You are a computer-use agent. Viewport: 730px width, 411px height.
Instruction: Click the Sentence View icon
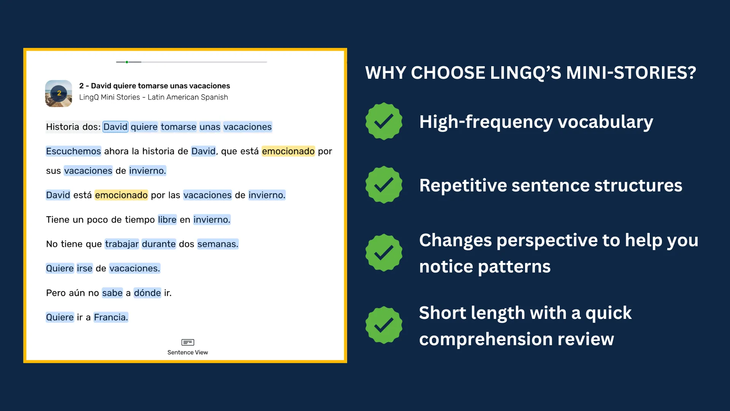coord(188,342)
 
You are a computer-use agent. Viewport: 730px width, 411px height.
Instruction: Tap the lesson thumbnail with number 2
coord(59,93)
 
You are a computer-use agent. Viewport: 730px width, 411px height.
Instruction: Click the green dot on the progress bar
coord(127,62)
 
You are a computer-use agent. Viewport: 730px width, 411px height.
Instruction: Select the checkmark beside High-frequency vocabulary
coord(384,121)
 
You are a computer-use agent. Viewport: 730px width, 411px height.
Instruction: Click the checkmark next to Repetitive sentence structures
coord(384,185)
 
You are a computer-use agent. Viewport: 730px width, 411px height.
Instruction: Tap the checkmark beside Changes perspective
coord(384,253)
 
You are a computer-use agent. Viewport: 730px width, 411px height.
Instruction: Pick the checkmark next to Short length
coord(384,325)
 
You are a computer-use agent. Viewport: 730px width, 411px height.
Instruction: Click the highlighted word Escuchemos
coord(73,151)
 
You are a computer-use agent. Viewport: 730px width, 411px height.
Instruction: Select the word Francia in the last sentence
coord(111,317)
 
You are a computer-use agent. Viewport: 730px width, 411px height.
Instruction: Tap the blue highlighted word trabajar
coord(122,244)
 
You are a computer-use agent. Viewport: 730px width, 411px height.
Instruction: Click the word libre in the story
coord(167,220)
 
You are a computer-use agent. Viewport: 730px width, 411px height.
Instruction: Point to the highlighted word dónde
coord(148,293)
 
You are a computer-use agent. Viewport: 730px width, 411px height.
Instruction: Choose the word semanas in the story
coord(217,244)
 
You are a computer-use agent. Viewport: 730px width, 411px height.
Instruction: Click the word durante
coord(159,244)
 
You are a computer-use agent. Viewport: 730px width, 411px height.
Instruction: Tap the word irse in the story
coord(84,268)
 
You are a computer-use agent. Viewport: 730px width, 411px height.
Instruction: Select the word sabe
coord(112,293)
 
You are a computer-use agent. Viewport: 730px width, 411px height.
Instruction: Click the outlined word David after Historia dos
coord(115,127)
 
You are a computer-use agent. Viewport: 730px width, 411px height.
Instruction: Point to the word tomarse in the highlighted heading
coord(178,127)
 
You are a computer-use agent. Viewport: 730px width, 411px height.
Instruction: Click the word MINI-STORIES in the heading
coord(631,73)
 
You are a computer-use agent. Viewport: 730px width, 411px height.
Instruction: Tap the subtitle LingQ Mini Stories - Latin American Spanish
coord(154,97)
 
